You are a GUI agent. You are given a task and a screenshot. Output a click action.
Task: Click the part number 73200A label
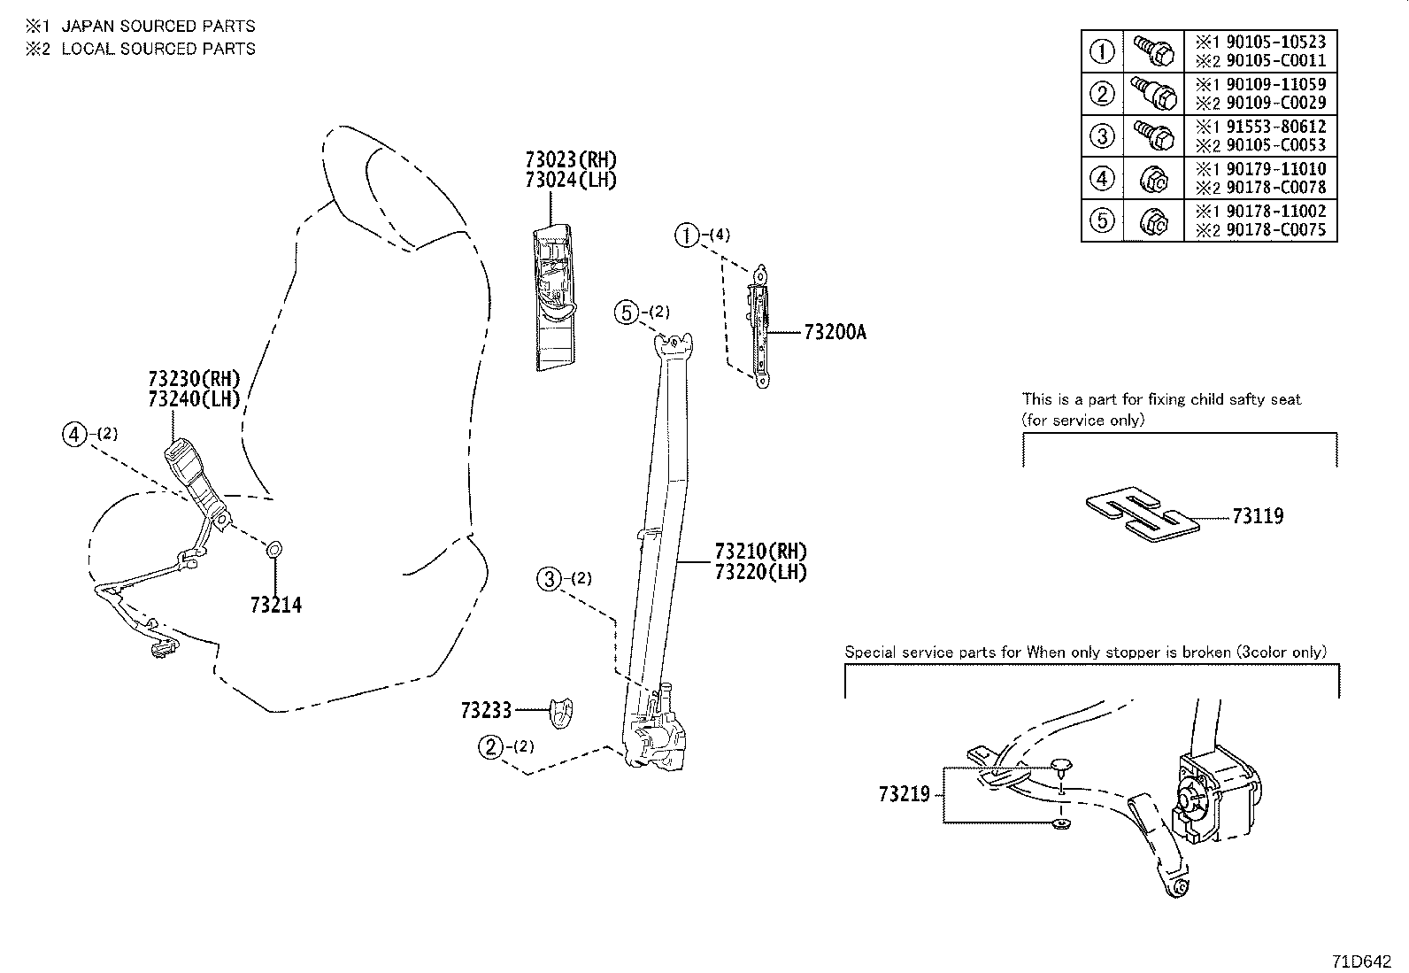coord(835,333)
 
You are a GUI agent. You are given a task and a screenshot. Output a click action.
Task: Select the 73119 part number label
coord(1257,516)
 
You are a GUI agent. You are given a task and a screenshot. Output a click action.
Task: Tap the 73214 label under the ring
coord(275,606)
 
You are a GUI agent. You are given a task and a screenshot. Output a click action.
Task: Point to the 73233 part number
coord(485,710)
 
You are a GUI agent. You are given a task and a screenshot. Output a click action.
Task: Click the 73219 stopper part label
coord(904,794)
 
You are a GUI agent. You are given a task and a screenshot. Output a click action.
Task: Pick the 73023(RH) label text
coord(570,160)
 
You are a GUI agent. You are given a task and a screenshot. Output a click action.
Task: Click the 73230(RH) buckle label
coord(194,379)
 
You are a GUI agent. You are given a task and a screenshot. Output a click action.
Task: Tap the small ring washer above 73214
coord(274,552)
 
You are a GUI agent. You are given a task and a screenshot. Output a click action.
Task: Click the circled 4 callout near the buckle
coord(74,434)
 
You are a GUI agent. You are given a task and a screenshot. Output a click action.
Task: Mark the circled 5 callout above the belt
coord(627,312)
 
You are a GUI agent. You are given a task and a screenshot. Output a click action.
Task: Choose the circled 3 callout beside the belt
coord(549,579)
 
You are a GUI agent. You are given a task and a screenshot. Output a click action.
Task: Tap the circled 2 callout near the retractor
coord(489,747)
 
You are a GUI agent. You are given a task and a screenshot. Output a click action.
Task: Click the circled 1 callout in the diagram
coord(686,236)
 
